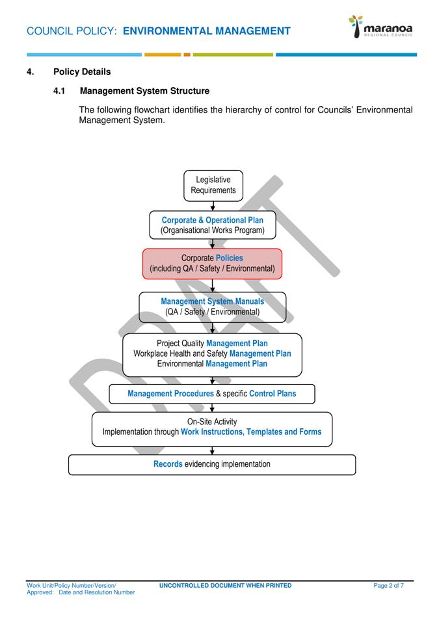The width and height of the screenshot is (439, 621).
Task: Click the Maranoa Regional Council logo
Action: (x=380, y=27)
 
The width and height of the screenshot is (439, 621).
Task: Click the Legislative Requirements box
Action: (x=213, y=186)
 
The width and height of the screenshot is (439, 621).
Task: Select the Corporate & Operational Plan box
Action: (x=213, y=225)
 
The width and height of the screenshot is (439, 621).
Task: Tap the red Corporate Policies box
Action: (x=213, y=264)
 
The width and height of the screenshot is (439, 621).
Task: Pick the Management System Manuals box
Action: (x=213, y=307)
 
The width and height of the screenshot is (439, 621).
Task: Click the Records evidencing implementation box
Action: (x=212, y=464)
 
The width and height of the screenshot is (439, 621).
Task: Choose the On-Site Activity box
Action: (x=212, y=428)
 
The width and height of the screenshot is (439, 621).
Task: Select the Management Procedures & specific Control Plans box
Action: (x=212, y=394)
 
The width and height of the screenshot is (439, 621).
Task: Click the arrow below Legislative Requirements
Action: (x=213, y=206)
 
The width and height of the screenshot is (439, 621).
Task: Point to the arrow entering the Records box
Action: (x=212, y=450)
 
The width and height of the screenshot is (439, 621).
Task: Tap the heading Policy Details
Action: (x=82, y=72)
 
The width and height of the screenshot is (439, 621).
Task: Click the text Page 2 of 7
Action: (x=388, y=586)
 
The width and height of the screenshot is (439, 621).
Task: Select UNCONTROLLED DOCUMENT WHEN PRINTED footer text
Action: (x=225, y=586)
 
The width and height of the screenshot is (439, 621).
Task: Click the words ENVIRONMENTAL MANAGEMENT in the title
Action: (x=206, y=31)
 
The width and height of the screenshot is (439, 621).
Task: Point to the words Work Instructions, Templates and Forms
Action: (x=251, y=432)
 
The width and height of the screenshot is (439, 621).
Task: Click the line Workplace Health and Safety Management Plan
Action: (x=212, y=353)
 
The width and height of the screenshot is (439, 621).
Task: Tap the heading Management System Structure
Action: (x=144, y=90)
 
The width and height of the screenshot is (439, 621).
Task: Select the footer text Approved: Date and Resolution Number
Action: (x=81, y=592)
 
